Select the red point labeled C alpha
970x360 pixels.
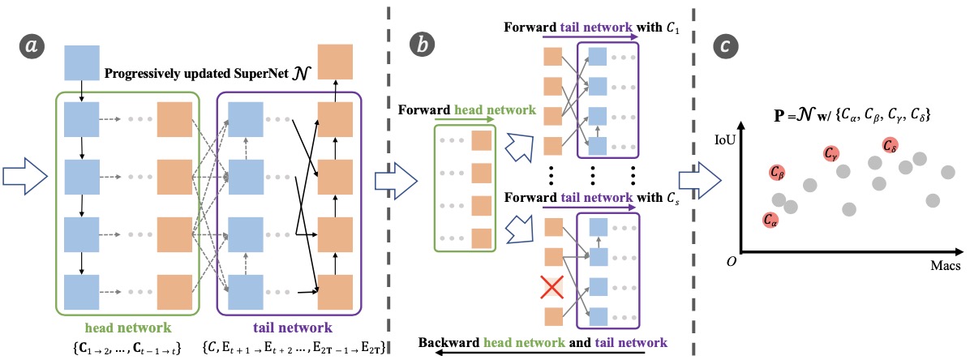pyautogui.click(x=771, y=220)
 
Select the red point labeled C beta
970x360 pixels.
pyautogui.click(x=776, y=173)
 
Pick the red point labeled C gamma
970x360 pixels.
pyautogui.click(x=831, y=152)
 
